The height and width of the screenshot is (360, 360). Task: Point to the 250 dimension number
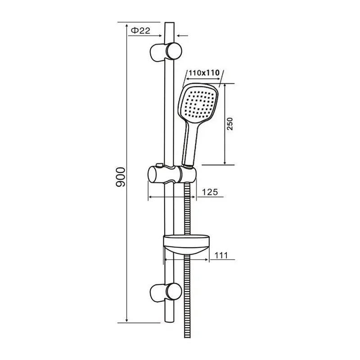(x=230, y=123)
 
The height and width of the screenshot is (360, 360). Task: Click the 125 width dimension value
(x=209, y=192)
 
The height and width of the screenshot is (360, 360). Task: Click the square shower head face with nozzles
(x=197, y=103)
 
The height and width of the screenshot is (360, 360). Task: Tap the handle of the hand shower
(x=189, y=144)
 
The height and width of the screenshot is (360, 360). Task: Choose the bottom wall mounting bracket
(x=166, y=292)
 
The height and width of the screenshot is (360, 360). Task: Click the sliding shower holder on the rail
(x=171, y=174)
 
